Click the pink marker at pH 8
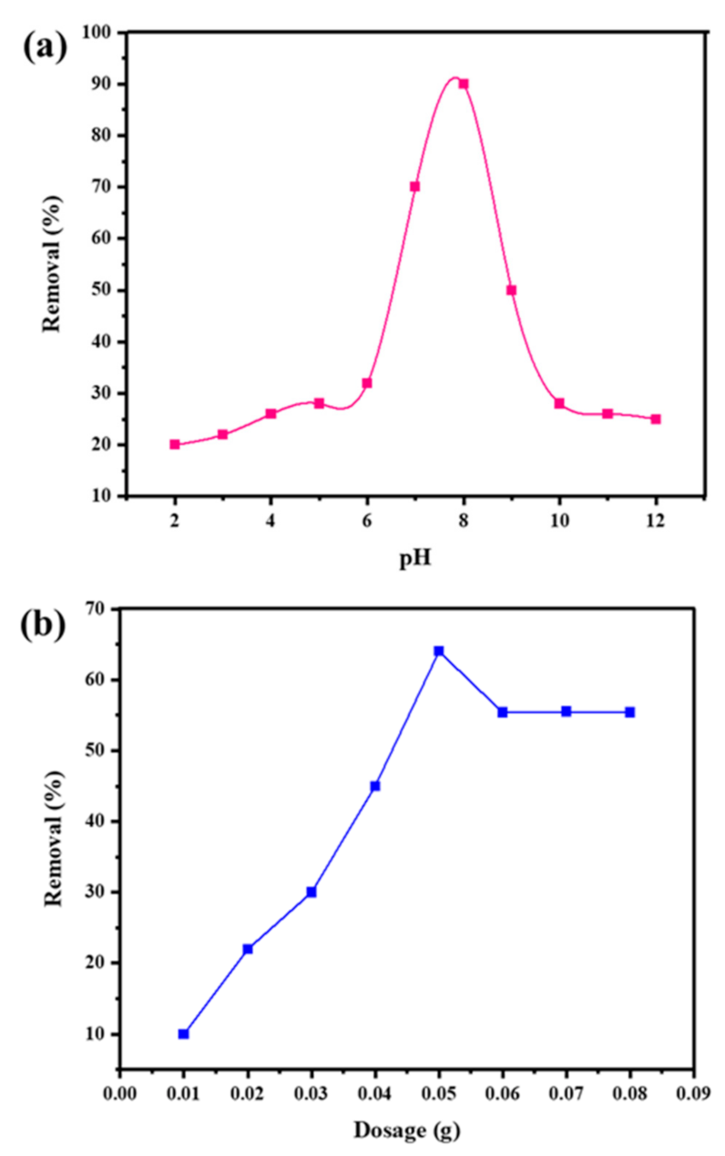click(463, 84)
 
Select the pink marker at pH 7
click(414, 187)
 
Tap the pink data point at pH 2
click(175, 444)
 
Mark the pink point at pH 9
click(511, 290)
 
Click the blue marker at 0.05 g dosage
click(438, 651)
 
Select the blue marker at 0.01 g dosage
click(183, 1034)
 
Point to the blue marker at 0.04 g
click(374, 786)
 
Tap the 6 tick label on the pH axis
click(366, 519)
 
